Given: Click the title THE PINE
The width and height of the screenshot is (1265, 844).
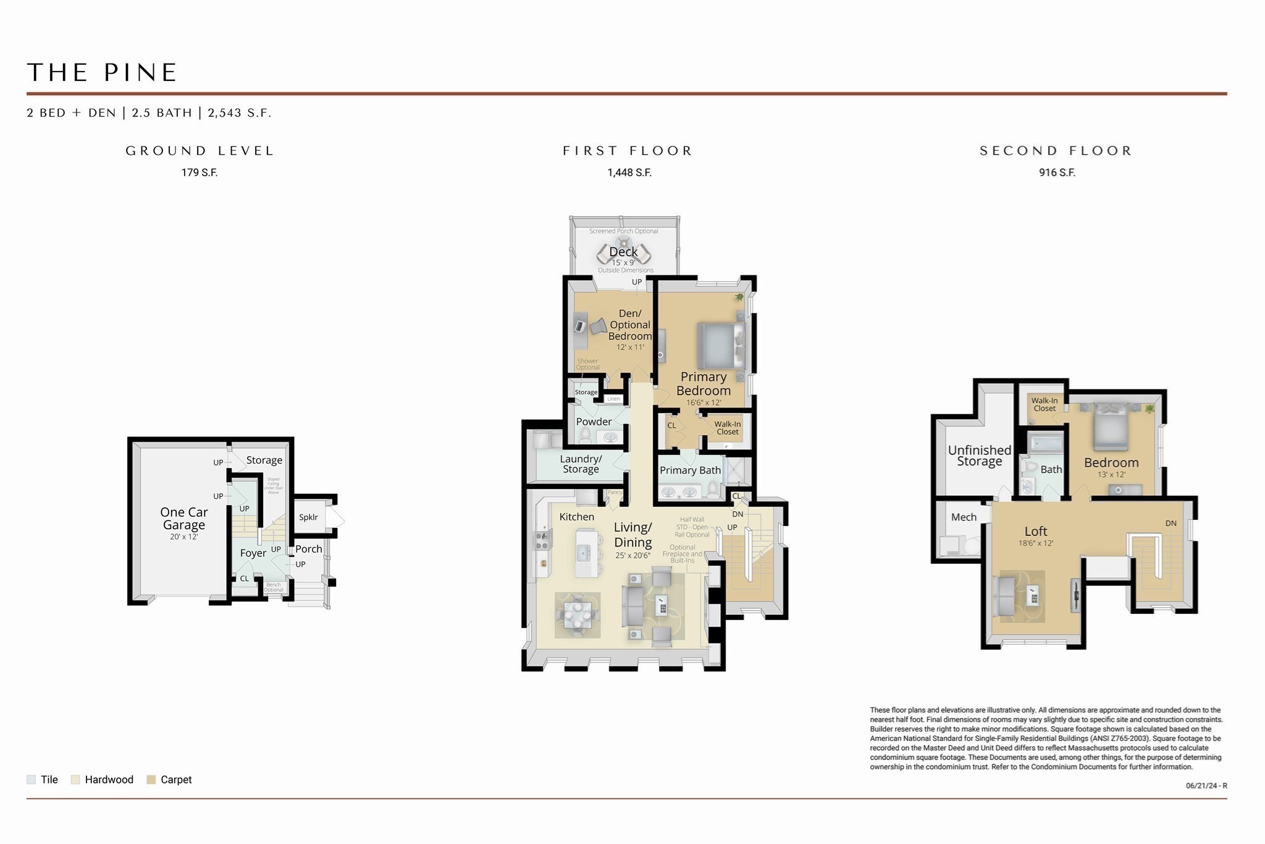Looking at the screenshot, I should click(x=103, y=73).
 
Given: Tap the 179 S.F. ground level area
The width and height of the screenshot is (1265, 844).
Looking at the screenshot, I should click(x=199, y=173).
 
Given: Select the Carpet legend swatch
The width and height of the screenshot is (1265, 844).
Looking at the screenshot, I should click(x=151, y=780).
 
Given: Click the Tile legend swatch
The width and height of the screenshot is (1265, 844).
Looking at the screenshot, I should click(x=31, y=780).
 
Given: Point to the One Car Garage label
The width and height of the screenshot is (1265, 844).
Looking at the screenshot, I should click(x=183, y=519).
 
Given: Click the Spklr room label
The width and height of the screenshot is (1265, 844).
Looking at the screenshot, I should click(x=308, y=517).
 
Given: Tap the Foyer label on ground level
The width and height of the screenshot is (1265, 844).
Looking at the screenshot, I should click(x=253, y=553).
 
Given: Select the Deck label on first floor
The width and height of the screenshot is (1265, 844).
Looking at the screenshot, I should click(x=623, y=252).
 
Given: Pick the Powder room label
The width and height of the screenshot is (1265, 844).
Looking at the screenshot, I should click(x=594, y=422).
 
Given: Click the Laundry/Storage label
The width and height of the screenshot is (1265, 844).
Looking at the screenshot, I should click(x=581, y=464).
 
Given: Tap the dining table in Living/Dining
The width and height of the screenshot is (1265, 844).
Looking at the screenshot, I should click(x=577, y=614).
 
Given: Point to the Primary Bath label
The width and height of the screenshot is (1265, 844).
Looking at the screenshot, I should click(x=690, y=470).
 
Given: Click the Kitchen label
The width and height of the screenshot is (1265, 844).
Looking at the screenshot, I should click(x=576, y=517).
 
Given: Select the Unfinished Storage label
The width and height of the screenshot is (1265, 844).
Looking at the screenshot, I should click(x=979, y=456).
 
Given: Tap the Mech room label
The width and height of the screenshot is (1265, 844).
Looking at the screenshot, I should click(x=964, y=517).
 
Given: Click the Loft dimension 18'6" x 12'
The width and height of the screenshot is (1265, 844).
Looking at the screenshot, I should click(x=1036, y=543).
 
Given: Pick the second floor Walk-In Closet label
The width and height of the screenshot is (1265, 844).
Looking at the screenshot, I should click(x=1044, y=404).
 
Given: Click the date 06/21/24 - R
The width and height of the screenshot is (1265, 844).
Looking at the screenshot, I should click(x=1206, y=786).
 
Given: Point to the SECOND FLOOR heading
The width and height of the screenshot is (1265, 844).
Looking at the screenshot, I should click(x=1056, y=151).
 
